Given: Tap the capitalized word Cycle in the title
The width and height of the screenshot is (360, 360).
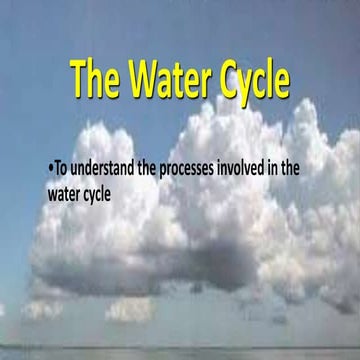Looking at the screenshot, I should [x=254, y=79].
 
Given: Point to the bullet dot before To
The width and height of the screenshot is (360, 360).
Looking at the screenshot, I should [x=50, y=169].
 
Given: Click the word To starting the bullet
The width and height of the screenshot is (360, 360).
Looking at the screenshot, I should [x=61, y=168].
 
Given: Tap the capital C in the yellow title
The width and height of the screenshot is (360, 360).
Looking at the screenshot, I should [x=225, y=77].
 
